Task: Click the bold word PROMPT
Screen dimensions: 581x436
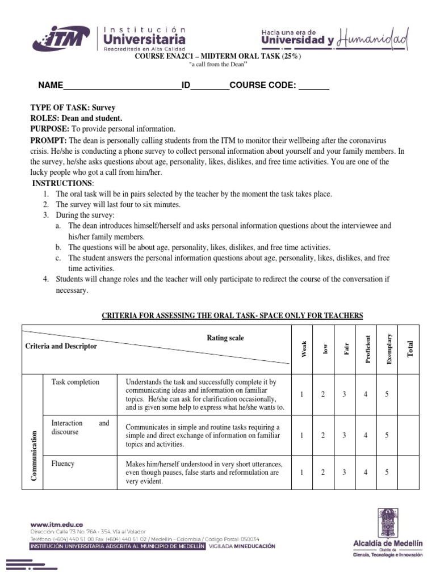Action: tap(48, 140)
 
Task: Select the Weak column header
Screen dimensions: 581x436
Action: tap(303, 349)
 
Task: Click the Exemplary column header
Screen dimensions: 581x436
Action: tap(389, 349)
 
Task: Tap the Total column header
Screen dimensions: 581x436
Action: tap(410, 349)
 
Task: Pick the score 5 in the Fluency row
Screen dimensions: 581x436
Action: tap(387, 471)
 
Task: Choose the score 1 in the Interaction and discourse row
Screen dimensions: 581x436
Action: tap(302, 435)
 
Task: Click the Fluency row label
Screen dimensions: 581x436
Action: tap(62, 464)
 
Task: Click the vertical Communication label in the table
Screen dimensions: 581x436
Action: tap(33, 456)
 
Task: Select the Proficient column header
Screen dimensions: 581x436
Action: tap(367, 349)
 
